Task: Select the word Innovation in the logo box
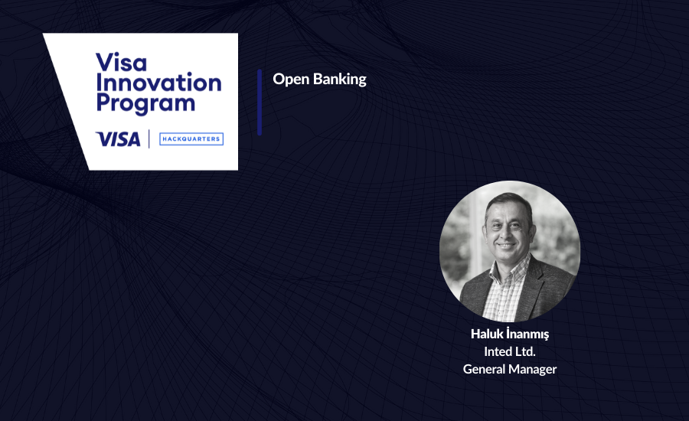pos(158,83)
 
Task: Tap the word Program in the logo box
pos(145,103)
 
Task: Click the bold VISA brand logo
pos(118,139)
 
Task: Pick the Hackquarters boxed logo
pos(191,139)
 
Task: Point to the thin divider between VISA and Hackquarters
pos(149,139)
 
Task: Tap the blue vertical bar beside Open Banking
pos(260,102)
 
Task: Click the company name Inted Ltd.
pos(510,351)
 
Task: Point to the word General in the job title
pos(485,369)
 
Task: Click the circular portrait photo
pos(510,251)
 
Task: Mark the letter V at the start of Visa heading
pos(102,63)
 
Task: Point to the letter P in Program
pos(102,103)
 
